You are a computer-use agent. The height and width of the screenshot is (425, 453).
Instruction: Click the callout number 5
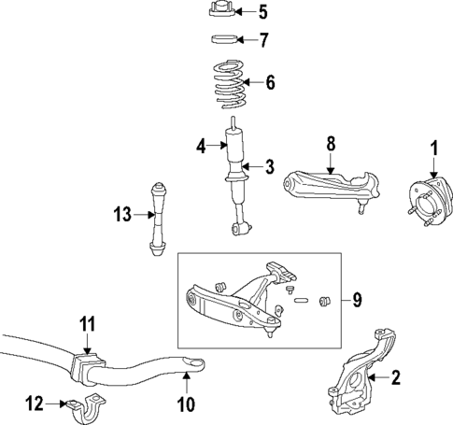pos(262,12)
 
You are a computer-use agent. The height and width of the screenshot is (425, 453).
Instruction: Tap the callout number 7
pos(262,39)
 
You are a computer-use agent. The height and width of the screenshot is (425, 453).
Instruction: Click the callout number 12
pos(35,404)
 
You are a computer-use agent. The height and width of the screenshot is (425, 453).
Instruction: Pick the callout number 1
pos(433,147)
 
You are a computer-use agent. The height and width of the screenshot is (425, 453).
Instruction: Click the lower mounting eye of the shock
pos(241,227)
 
